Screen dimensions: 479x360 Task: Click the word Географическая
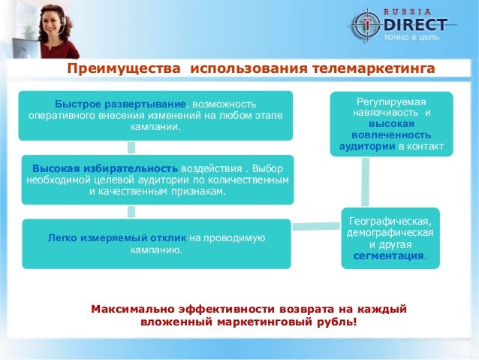pyautogui.click(x=390, y=220)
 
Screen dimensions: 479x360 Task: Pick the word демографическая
pyautogui.click(x=390, y=232)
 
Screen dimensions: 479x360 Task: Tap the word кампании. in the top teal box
pyautogui.click(x=156, y=127)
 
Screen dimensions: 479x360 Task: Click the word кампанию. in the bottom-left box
pyautogui.click(x=156, y=250)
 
